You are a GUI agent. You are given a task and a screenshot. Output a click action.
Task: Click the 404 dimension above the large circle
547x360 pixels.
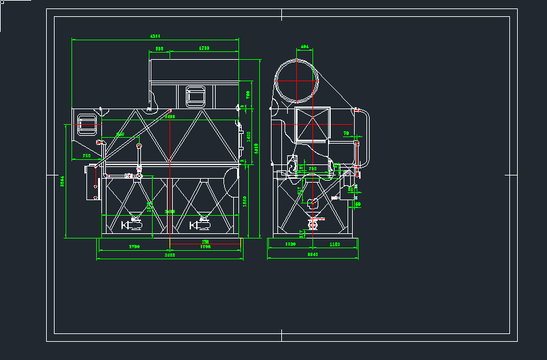pyautogui.click(x=303, y=47)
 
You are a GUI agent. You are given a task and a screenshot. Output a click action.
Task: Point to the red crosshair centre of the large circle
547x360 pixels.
pyautogui.click(x=297, y=80)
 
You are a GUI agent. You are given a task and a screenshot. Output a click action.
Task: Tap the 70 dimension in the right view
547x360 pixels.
pyautogui.click(x=346, y=133)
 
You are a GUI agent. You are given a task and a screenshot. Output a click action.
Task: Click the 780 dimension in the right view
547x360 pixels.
pyautogui.click(x=312, y=169)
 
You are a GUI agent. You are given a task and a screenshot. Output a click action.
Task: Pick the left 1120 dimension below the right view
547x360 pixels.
pyautogui.click(x=290, y=244)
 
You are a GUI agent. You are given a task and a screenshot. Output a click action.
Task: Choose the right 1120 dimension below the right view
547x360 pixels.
pyautogui.click(x=335, y=244)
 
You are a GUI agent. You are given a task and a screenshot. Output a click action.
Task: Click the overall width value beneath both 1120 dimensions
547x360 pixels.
pyautogui.click(x=312, y=255)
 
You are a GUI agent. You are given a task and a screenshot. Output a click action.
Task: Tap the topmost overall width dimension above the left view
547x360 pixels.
pyautogui.click(x=155, y=36)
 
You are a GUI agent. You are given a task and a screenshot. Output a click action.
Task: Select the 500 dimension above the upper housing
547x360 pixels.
pyautogui.click(x=159, y=49)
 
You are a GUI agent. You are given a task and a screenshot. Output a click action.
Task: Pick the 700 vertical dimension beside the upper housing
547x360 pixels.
pyautogui.click(x=248, y=95)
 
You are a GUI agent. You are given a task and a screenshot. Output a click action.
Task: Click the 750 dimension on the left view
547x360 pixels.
pyautogui.click(x=86, y=157)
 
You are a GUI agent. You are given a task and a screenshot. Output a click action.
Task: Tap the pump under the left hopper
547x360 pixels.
pyautogui.click(x=133, y=225)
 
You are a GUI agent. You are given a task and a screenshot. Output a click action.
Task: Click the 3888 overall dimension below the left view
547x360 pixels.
pyautogui.click(x=170, y=256)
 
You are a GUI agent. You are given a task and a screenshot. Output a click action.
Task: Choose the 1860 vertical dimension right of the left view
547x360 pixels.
pyautogui.click(x=245, y=201)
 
